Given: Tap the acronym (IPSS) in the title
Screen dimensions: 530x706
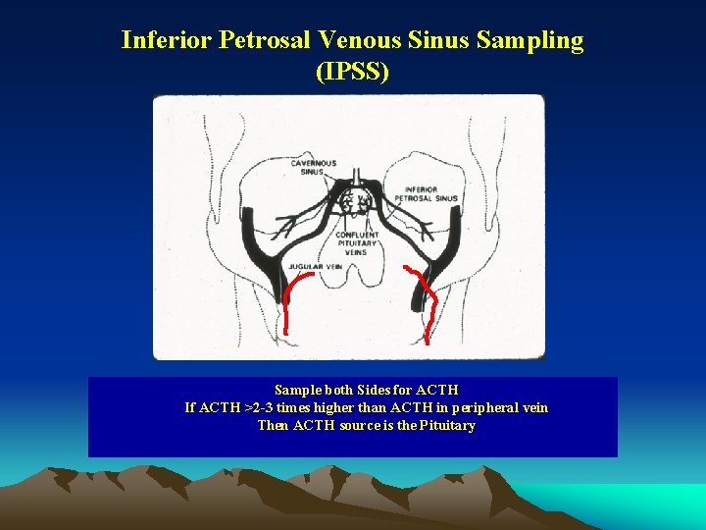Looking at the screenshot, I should click(352, 72).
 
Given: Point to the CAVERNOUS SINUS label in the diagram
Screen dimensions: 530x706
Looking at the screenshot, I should click(313, 167).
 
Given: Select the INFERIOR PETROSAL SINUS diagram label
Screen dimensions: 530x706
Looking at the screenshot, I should click(431, 193).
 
